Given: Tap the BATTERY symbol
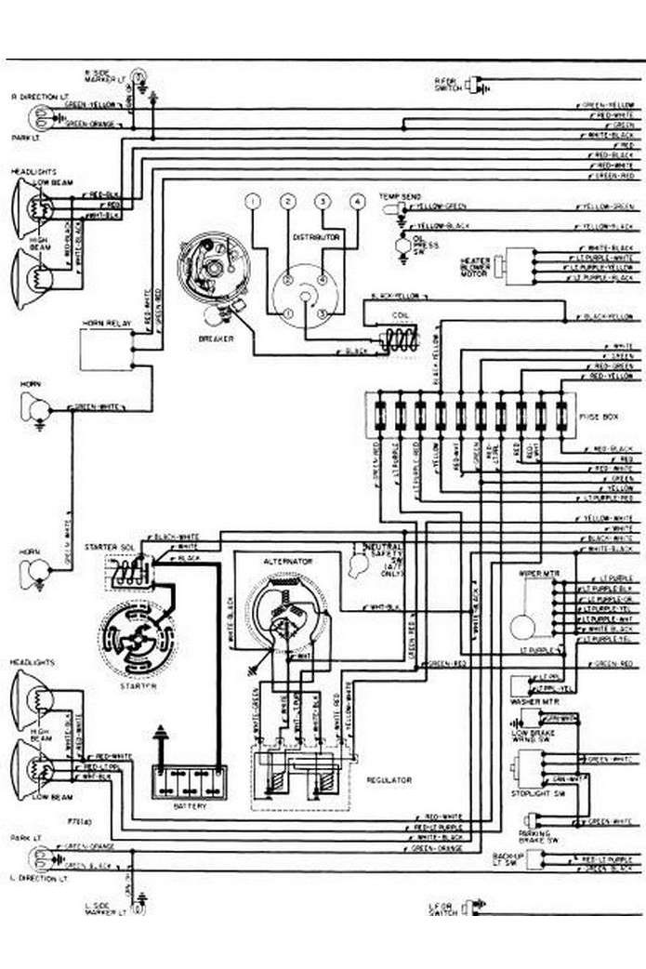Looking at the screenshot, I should tap(190, 779).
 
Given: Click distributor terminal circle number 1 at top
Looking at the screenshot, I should tap(251, 202).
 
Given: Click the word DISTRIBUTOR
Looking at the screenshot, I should tap(317, 238).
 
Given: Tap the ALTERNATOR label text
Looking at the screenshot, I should tap(287, 562).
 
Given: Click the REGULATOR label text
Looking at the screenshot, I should tap(389, 780).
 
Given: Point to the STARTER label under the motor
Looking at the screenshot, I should tap(137, 685).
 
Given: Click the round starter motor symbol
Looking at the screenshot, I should tap(137, 639).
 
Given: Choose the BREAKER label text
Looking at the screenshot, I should tap(216, 338).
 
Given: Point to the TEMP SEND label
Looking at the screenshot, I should tap(399, 197).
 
